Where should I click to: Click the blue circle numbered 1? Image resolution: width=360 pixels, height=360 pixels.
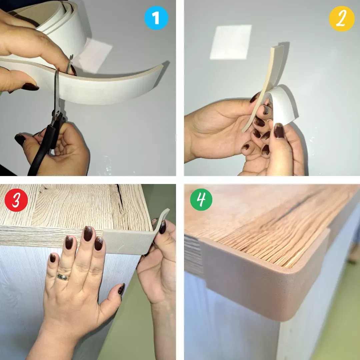[x=156, y=18]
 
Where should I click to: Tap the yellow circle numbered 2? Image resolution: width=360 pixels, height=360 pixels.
[x=342, y=19]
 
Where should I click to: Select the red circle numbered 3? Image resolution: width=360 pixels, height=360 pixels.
[x=16, y=200]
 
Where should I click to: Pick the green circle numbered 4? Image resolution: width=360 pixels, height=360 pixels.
[x=201, y=200]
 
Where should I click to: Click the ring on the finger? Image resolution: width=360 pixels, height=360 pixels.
[x=63, y=277]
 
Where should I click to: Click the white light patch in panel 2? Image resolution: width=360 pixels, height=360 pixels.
[x=231, y=42]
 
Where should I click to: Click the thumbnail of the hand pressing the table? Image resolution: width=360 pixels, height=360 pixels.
[x=121, y=289]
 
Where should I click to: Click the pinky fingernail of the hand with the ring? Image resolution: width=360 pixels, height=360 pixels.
[x=53, y=258]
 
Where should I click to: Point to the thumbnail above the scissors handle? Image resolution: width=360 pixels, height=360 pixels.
[x=20, y=139]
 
